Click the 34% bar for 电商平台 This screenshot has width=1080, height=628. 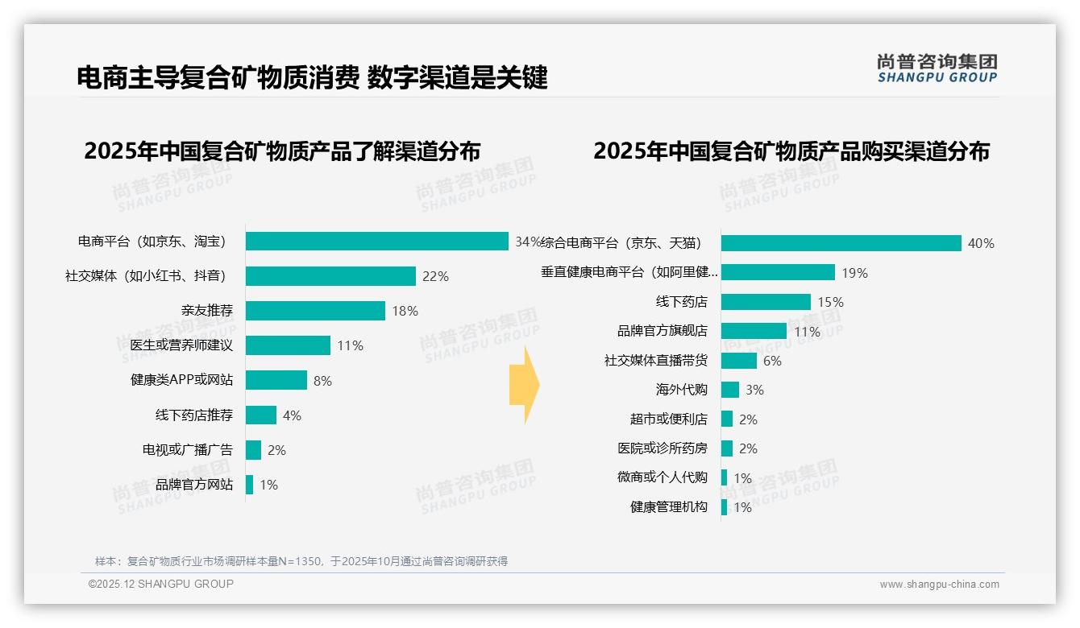click(x=376, y=242)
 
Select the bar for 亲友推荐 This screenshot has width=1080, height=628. click(x=315, y=311)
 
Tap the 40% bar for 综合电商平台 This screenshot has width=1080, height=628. click(x=841, y=243)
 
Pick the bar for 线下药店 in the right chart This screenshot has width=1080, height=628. click(x=766, y=302)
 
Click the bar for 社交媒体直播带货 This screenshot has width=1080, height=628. click(x=738, y=361)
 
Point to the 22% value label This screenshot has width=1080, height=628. click(x=435, y=276)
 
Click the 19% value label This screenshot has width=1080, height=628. click(x=854, y=273)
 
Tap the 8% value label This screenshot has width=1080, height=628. click(x=322, y=381)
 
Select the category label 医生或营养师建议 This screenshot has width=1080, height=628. click(x=181, y=345)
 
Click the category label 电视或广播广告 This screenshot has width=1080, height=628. click(x=187, y=450)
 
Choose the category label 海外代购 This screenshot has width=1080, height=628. click(x=681, y=390)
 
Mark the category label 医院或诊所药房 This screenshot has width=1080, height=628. click(x=662, y=448)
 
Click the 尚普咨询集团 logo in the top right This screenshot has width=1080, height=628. click(x=937, y=68)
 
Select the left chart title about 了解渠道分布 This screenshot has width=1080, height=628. click(x=282, y=151)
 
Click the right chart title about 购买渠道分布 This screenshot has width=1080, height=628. click(x=791, y=151)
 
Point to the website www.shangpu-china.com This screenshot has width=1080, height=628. click(x=939, y=585)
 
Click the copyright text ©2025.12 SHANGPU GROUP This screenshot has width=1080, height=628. click(x=161, y=584)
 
